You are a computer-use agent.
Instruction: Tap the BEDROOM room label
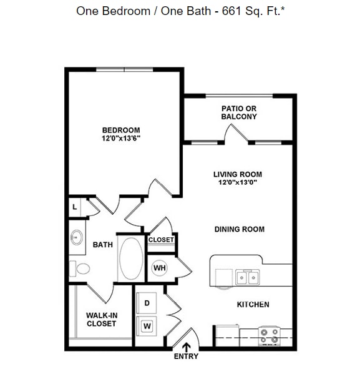121,130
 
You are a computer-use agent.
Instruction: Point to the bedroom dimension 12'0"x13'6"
121,138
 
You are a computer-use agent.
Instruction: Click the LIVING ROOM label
237,174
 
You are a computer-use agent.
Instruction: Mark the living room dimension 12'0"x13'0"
237,182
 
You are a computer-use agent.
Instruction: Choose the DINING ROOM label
239,229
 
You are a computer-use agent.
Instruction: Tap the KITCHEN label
253,304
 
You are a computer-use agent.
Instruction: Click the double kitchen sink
247,277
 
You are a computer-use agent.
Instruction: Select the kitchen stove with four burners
270,335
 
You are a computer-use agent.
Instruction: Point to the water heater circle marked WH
159,268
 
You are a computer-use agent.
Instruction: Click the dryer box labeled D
147,303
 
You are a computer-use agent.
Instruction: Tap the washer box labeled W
147,325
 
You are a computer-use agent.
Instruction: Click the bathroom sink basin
77,237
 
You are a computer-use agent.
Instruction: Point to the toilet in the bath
80,269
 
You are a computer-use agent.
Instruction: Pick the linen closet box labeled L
75,207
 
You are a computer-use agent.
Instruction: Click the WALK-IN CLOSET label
101,319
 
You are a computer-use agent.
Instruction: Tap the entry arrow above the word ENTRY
186,347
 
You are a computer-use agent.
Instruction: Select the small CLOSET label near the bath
161,239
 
